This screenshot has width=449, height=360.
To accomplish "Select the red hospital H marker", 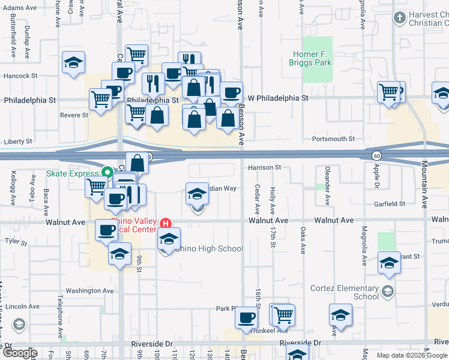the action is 166,224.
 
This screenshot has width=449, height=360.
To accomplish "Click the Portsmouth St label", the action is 334,139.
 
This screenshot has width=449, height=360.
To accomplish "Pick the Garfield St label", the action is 391,204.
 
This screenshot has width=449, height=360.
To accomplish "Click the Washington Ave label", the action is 89,290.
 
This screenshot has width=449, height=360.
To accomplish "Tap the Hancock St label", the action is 20,76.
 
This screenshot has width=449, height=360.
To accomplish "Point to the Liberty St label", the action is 18,142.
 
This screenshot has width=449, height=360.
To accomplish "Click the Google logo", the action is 20,352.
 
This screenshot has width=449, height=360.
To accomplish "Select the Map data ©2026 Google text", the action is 411,355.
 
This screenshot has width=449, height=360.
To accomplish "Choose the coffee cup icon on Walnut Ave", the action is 107,230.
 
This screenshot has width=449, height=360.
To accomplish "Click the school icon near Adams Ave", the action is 74,62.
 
